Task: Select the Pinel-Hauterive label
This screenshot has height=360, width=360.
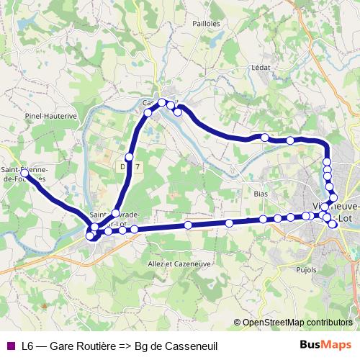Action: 50,115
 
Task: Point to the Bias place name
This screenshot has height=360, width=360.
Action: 261,194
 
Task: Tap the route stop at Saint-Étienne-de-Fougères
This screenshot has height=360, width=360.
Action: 24,174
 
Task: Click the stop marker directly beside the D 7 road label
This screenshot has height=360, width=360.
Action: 130,157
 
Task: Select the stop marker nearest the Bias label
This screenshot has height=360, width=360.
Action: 264,219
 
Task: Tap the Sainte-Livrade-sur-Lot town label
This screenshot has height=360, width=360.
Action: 115,219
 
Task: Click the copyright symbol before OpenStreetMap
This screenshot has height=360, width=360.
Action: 238,322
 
